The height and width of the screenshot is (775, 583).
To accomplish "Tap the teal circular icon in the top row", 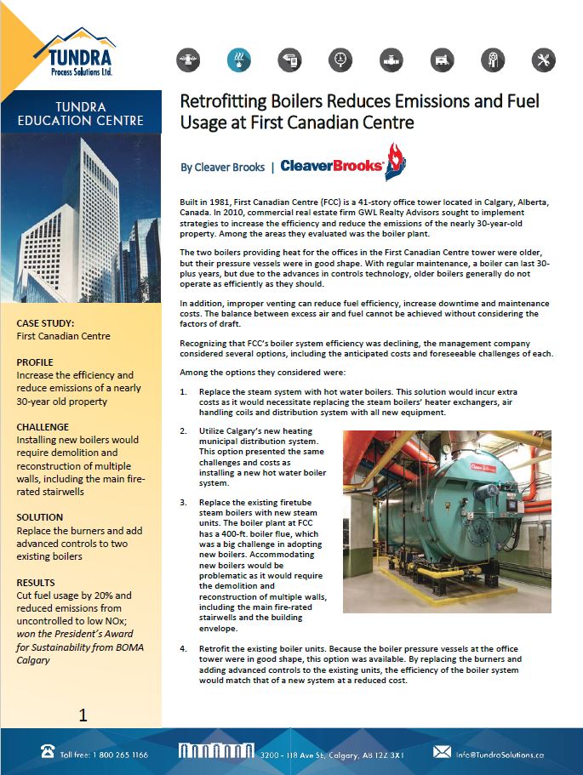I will pos(239,60).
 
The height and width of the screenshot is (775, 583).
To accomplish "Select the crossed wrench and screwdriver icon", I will pos(543,60).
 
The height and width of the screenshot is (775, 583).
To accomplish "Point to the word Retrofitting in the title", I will pos(220,102).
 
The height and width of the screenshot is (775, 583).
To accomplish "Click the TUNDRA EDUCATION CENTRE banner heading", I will pos(81,113).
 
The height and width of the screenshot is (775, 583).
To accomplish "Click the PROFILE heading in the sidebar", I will pos(35,362).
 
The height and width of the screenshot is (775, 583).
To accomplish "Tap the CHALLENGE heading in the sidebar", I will pos(43,427).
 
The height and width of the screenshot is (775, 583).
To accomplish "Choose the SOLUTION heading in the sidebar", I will pos(40,517).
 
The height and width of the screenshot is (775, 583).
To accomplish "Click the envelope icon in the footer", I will pos(442,753).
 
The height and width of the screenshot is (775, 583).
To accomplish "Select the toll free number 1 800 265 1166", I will pos(105,755).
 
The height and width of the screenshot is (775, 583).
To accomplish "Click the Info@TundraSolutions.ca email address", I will pos(511,755).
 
